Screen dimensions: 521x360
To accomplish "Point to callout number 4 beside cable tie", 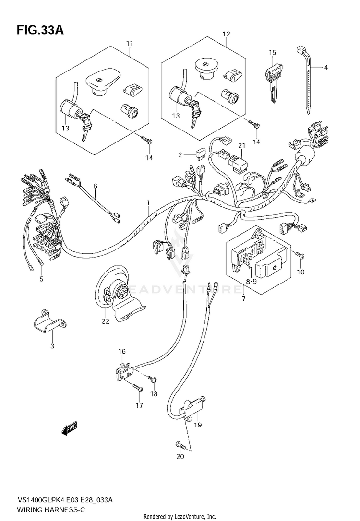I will tap(325, 68).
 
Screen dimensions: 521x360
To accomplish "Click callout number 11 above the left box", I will tap(129, 44).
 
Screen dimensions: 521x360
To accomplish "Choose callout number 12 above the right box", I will tap(226, 34).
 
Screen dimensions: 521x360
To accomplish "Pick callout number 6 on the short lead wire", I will tap(95, 186).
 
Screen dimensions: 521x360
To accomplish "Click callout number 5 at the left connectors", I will tap(41, 279).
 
